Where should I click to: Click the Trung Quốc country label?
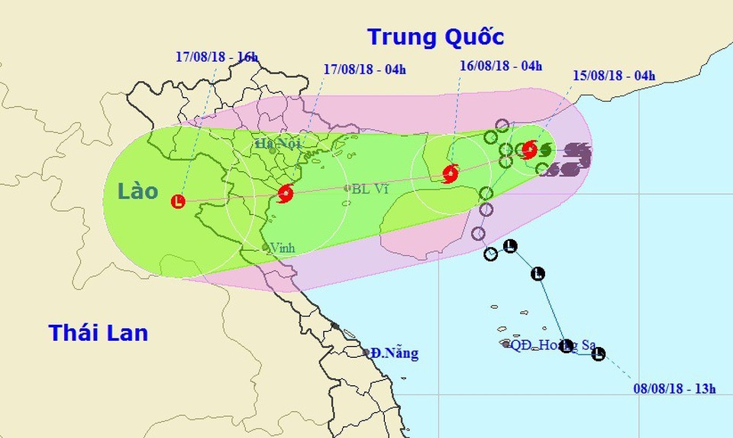[435, 37]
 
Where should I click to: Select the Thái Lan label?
[98, 333]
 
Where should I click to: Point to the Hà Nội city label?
[278, 143]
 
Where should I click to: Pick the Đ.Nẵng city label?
[395, 353]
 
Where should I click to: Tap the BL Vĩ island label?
[371, 188]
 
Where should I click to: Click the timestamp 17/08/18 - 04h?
[364, 70]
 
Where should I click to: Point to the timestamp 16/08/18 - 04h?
[500, 65]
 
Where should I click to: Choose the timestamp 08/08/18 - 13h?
[674, 389]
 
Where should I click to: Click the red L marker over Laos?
[178, 202]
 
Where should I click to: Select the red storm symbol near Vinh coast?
[286, 193]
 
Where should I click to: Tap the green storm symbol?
[544, 149]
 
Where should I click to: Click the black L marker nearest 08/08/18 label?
[599, 354]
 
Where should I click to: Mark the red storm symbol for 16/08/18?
[450, 174]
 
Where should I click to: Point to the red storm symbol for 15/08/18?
[528, 149]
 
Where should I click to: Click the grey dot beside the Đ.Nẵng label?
[366, 352]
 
